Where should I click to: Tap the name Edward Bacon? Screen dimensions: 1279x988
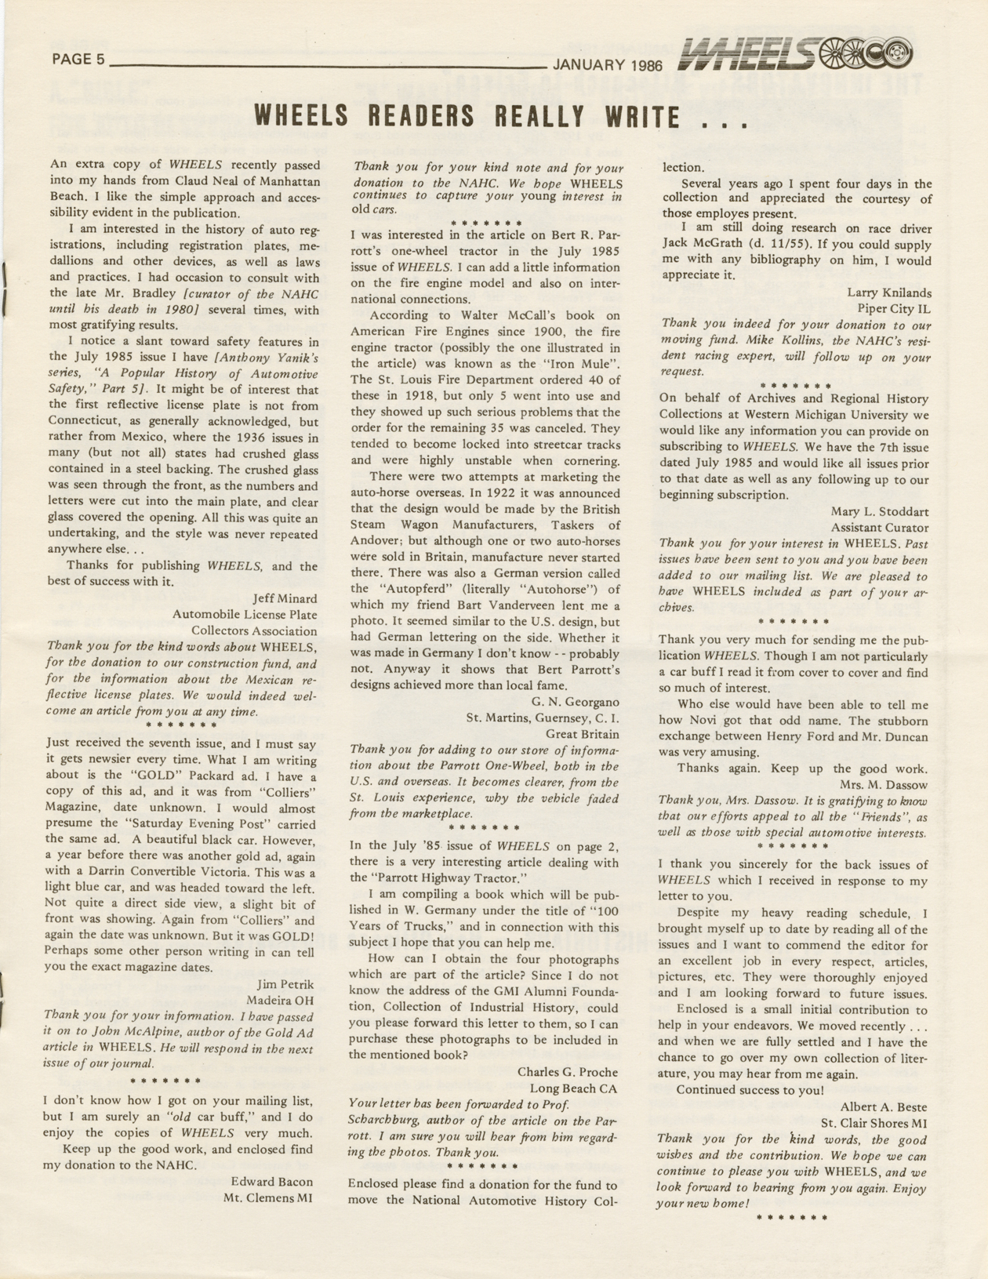coord(272,1181)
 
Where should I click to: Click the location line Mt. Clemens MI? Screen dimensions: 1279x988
coord(268,1197)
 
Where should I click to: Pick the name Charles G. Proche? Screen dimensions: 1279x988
coord(568,1071)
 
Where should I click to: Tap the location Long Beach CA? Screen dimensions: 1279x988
coord(573,1088)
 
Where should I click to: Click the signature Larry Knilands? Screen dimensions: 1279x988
coord(889,292)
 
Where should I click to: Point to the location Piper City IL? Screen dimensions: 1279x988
coord(894,308)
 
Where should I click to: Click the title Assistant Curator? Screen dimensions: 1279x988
coord(879,528)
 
